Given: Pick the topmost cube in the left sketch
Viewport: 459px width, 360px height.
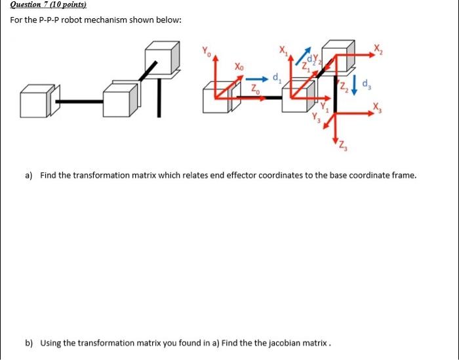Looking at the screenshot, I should [x=161, y=58].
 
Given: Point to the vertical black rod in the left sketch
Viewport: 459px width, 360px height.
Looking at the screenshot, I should [x=159, y=98].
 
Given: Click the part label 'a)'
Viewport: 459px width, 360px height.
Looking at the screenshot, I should [x=29, y=176].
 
